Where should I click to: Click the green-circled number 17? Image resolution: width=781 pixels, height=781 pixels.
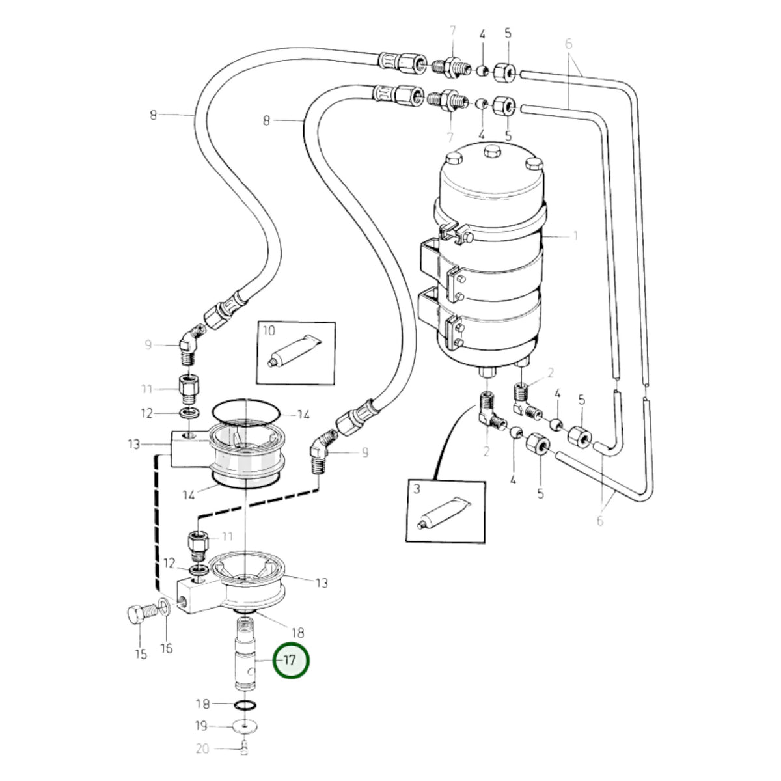[x=290, y=660]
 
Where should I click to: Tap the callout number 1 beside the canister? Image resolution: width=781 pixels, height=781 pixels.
[x=575, y=235]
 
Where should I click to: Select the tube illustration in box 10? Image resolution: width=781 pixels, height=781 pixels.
[x=295, y=349]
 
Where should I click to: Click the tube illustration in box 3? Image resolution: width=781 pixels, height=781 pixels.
[x=444, y=512]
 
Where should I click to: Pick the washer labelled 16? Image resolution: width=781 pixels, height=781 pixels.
[x=165, y=607]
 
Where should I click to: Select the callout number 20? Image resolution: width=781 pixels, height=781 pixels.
[x=202, y=749]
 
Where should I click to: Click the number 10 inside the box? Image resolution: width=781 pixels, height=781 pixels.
[x=269, y=331]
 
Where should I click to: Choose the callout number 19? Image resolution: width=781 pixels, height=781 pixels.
[x=201, y=726]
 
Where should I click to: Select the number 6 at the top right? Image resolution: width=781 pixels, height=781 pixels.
[x=568, y=44]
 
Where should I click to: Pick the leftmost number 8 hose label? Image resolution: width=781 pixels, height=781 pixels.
[x=153, y=115]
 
